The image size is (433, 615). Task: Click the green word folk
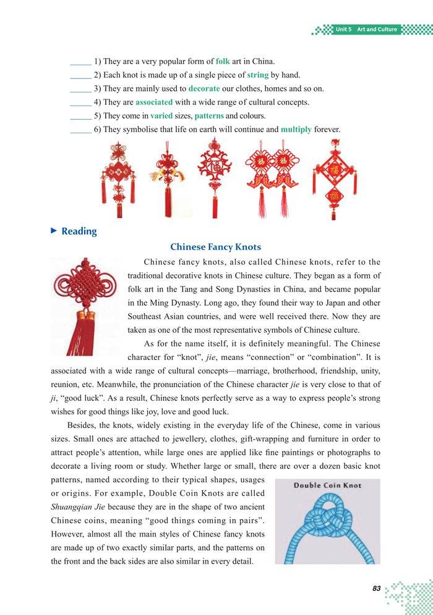tap(223, 62)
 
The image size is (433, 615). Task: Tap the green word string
tap(258, 75)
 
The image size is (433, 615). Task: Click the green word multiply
tap(296, 130)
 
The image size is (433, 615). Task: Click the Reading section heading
tap(79, 231)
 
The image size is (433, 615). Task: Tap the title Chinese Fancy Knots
tap(215, 247)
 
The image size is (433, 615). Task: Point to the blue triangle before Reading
tap(54, 230)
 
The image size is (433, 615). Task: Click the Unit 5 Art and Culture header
tap(365, 30)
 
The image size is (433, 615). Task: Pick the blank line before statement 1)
tap(80, 62)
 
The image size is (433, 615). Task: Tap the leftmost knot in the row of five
tap(118, 179)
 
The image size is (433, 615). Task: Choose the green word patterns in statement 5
tap(209, 115)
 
